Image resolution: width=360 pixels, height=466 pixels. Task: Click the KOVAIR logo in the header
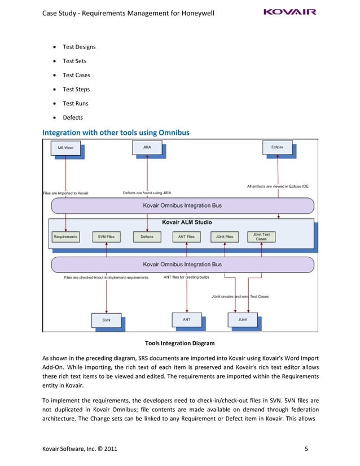point(290,12)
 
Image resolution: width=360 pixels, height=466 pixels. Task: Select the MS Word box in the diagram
point(65,148)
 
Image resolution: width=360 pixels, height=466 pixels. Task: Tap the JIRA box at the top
point(147,148)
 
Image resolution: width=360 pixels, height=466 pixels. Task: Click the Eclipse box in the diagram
point(277,147)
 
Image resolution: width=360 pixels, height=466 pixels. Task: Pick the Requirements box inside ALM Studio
point(65,236)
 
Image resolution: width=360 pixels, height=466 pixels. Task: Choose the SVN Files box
point(106,236)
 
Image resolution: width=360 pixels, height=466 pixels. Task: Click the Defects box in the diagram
point(147,236)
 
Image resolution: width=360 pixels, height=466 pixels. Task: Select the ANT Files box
point(186,236)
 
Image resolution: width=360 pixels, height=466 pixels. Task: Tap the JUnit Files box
point(225,236)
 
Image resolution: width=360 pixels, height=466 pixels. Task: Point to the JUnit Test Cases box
point(261,236)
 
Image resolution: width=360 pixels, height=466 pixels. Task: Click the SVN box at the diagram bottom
point(106,320)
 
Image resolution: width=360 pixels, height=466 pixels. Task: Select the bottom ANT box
point(186,319)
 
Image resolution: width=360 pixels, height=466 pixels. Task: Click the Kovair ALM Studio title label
point(187,222)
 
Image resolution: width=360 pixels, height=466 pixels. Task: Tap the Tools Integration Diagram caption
point(179,343)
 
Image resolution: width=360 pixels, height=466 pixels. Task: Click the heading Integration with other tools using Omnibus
point(116,133)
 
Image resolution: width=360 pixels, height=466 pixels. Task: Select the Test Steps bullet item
point(76,89)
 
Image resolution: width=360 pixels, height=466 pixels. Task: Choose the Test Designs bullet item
point(78,47)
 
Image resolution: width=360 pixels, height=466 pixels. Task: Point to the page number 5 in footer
point(306,449)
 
